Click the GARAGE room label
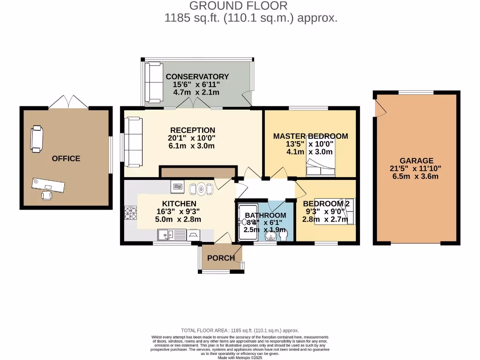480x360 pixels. click(416, 160)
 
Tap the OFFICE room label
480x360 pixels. click(66, 158)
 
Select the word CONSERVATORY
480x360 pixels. click(197, 77)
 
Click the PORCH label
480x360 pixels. click(221, 258)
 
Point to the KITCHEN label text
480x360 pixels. click(179, 204)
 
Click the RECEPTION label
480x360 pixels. click(193, 130)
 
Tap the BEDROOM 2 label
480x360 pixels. click(327, 204)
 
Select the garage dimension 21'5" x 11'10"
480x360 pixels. click(416, 168)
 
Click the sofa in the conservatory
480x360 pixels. click(153, 82)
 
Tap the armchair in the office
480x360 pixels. click(37, 139)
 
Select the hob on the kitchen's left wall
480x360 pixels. click(130, 214)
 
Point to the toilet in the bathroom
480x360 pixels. click(284, 237)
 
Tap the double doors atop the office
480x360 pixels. click(69, 101)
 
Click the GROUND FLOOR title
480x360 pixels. click(239, 6)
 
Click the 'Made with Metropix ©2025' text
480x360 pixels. click(240, 358)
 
